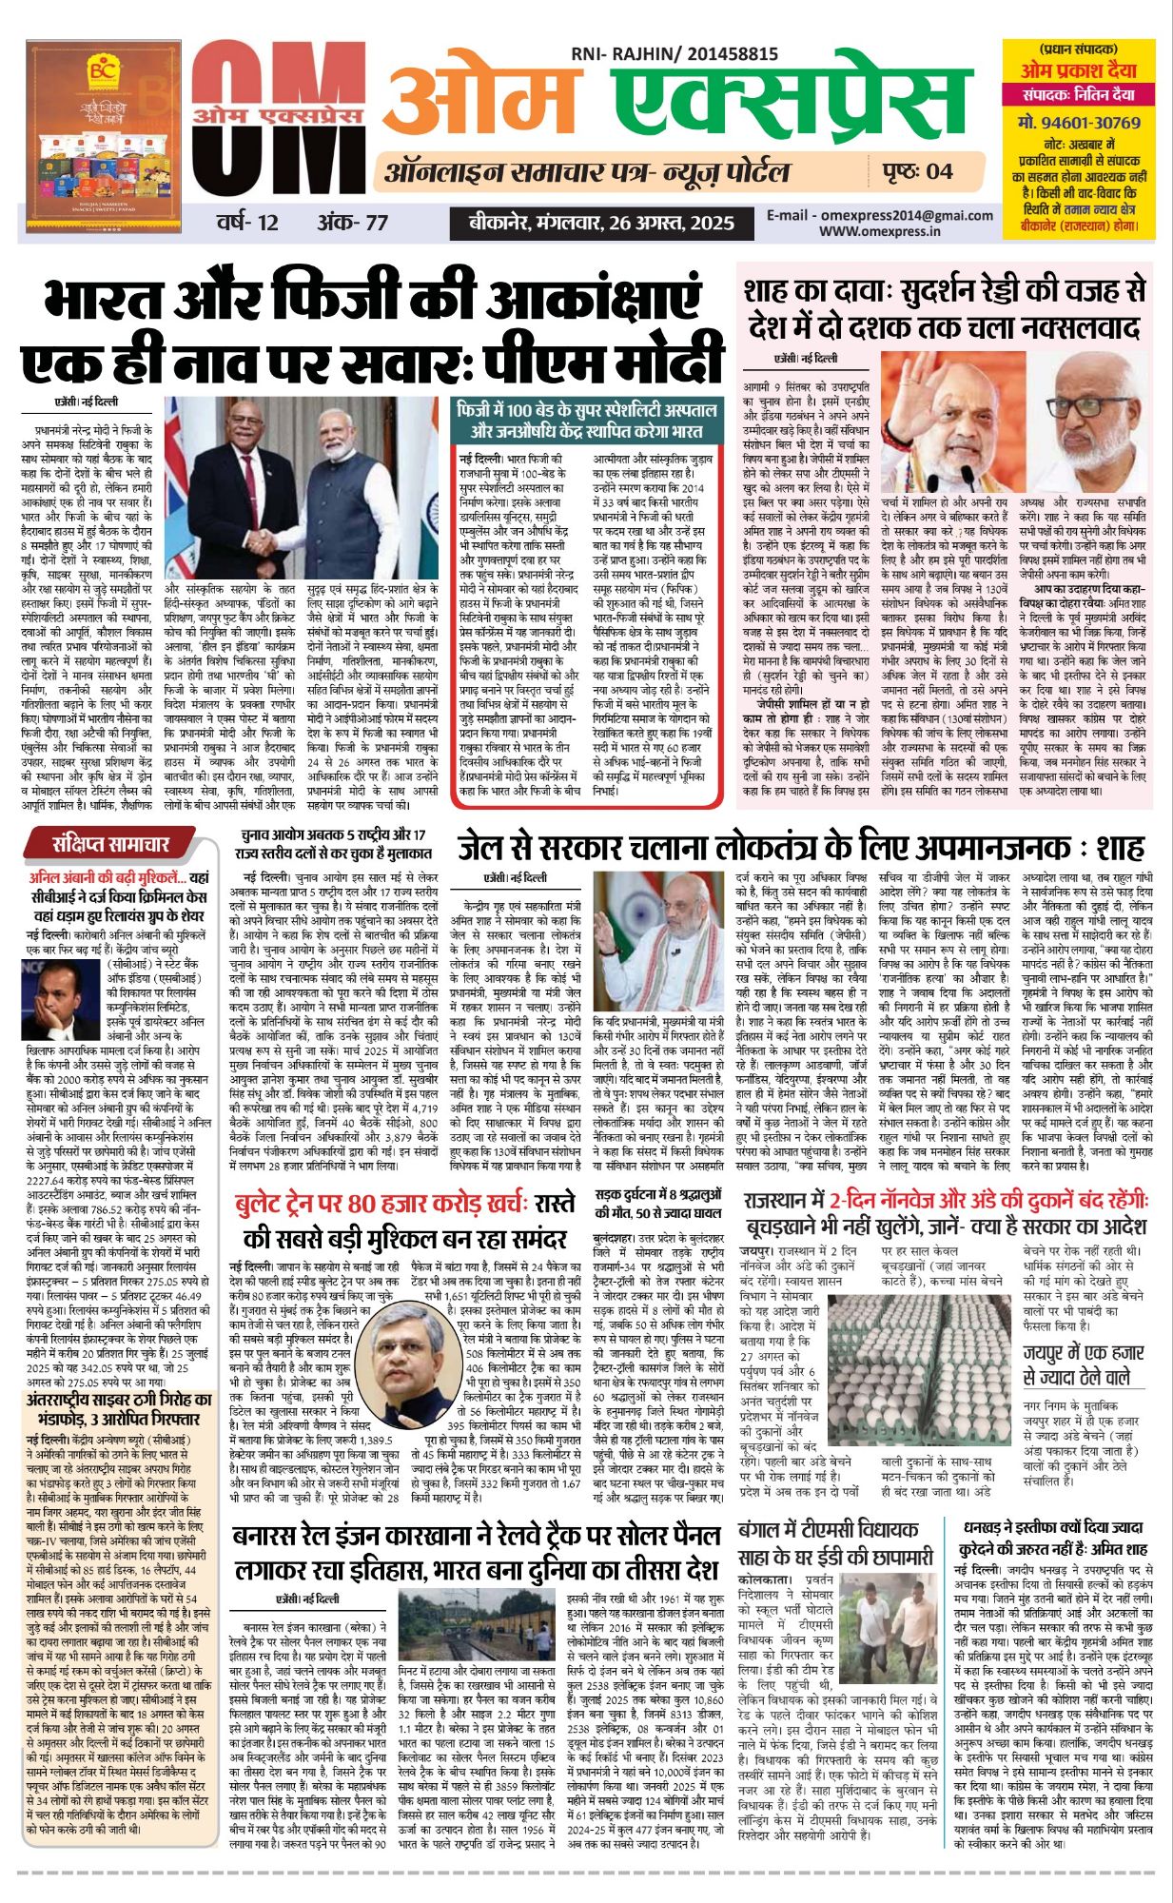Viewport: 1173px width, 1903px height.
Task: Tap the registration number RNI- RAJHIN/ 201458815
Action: pyautogui.click(x=674, y=55)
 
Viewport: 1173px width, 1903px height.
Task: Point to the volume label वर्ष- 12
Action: pyautogui.click(x=247, y=223)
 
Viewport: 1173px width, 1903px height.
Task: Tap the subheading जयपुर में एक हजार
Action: pyautogui.click(x=1084, y=1353)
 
